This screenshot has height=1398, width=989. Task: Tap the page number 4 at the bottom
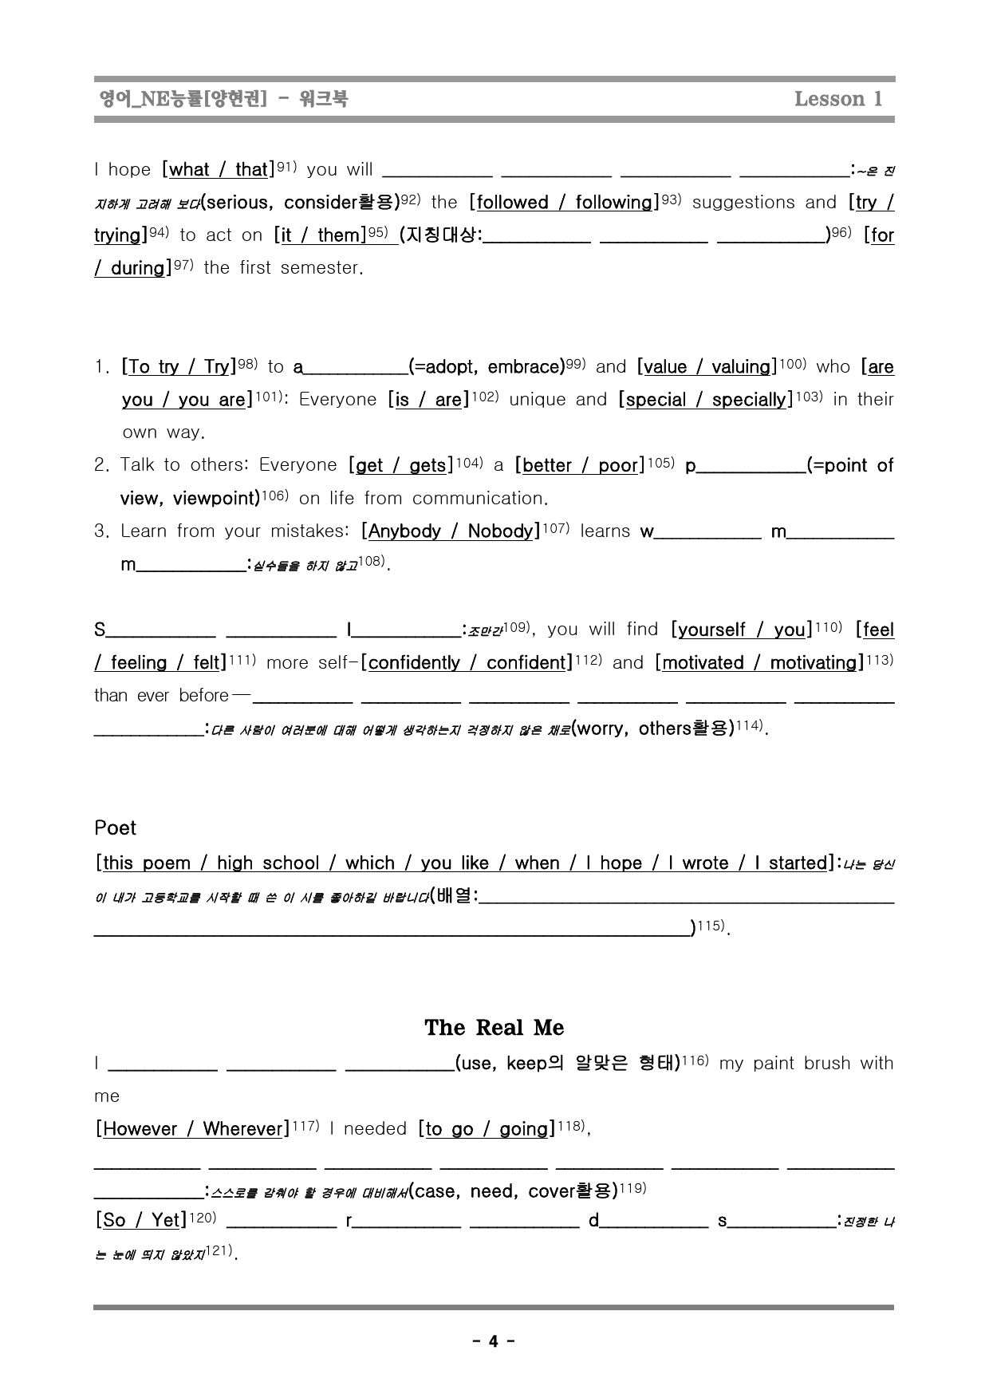(493, 1341)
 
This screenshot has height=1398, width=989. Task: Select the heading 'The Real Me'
(494, 1027)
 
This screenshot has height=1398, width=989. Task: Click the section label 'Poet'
(115, 827)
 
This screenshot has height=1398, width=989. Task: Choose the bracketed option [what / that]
(218, 169)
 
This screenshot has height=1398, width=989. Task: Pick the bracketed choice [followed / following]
(564, 203)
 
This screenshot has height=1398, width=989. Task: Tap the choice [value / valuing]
(707, 367)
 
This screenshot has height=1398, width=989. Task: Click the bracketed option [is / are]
(428, 400)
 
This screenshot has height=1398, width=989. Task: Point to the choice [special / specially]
(706, 400)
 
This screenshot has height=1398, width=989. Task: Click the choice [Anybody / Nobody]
(451, 531)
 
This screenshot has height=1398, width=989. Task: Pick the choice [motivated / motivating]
(760, 663)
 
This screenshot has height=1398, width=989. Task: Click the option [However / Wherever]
(192, 1129)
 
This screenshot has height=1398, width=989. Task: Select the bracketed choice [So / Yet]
(140, 1220)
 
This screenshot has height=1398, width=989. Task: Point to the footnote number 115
(711, 926)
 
